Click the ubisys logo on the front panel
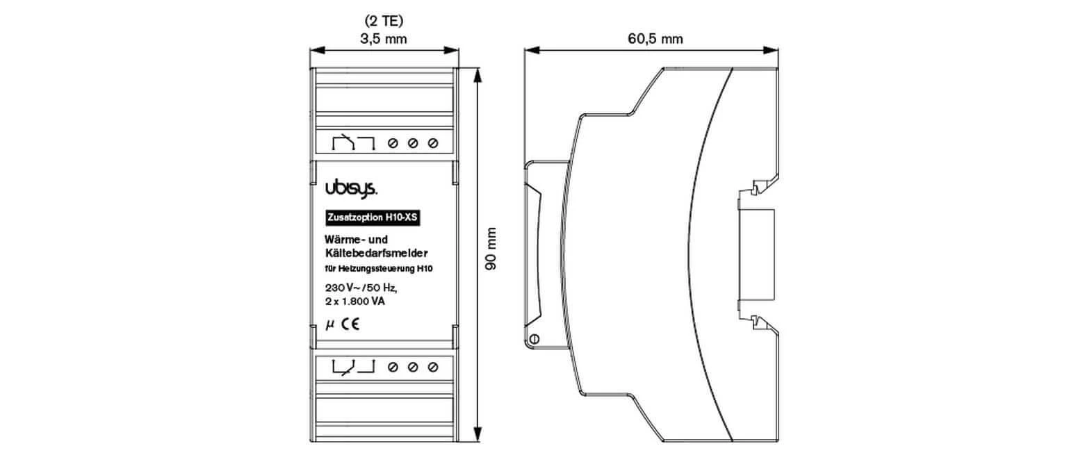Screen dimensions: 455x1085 tap(351, 188)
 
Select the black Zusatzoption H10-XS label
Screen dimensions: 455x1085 tap(373, 217)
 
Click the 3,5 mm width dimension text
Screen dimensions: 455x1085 tap(384, 40)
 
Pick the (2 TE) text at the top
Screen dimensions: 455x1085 tap(384, 21)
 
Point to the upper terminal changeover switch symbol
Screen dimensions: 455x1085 tap(353, 143)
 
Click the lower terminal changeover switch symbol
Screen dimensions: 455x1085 tap(353, 365)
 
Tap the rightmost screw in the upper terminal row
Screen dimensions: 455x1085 tap(434, 144)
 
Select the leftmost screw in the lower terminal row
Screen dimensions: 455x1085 tap(392, 366)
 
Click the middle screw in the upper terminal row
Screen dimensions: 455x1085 tap(413, 144)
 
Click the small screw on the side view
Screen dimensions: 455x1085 tap(535, 339)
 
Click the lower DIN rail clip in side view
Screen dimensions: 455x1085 tap(756, 321)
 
